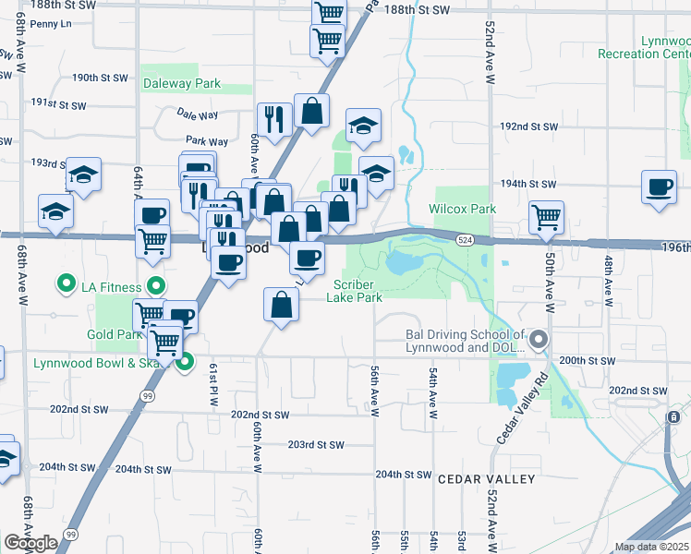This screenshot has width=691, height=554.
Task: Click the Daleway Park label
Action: click(x=182, y=83)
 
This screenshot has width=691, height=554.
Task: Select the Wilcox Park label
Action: click(x=462, y=209)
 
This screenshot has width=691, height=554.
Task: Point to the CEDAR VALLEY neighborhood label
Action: click(x=486, y=479)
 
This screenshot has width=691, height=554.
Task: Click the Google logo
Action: click(x=30, y=543)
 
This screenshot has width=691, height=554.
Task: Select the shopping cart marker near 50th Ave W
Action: click(x=546, y=217)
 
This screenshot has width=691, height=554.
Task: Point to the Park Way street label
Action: click(x=207, y=141)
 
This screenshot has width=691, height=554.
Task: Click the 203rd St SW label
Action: click(x=316, y=444)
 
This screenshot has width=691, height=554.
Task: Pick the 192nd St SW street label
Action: click(x=528, y=126)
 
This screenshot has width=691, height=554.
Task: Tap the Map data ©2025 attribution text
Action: click(x=650, y=547)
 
